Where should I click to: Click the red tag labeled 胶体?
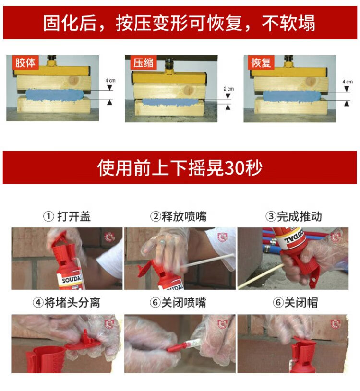coord(25,62)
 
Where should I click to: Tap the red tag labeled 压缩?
coord(144,62)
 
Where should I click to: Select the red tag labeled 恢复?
coord(261,62)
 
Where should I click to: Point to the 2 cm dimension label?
coord(228,89)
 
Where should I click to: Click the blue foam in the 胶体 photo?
coord(55,95)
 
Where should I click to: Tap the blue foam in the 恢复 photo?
coord(291,96)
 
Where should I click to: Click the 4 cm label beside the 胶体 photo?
coord(110,81)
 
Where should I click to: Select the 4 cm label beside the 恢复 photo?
coord(348,82)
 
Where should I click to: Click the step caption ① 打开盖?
coord(67,216)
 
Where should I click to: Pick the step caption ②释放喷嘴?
coord(179,216)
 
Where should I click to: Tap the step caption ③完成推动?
coord(294,216)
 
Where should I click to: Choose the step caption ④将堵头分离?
coord(66,303)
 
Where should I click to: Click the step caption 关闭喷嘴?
coord(184,303)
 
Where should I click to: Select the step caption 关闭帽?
coord(301,303)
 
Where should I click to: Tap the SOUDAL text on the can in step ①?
coord(72,279)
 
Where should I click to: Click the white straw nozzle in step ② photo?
coord(207,261)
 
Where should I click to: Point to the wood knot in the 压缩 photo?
coord(187,90)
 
